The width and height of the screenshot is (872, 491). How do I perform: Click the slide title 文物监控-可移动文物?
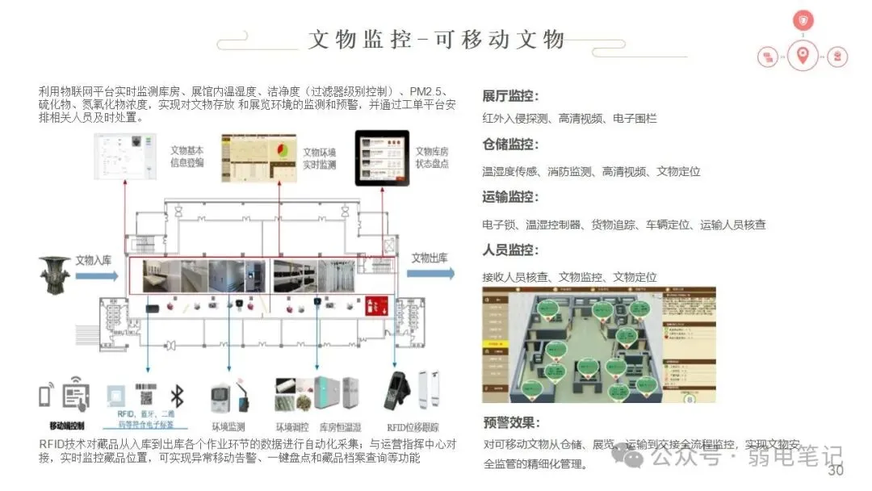pos(436,40)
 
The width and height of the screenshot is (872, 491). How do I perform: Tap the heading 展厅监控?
pos(510,95)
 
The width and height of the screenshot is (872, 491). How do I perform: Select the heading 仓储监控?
pos(510,145)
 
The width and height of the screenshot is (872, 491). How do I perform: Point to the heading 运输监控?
pos(510,197)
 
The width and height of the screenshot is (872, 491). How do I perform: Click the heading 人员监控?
pos(510,250)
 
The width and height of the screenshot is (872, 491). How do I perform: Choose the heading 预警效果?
pos(511,422)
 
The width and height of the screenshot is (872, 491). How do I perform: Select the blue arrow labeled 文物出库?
pos(430,273)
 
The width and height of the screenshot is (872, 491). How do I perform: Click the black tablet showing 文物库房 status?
pos(382,158)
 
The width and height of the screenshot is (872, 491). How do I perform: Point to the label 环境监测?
pos(228,426)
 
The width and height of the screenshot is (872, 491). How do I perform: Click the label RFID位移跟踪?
pos(413,426)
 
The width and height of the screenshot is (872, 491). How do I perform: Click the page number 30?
pos(836,471)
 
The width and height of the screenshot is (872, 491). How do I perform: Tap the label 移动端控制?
pos(66,426)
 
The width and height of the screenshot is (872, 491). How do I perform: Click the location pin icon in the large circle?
pos(802,56)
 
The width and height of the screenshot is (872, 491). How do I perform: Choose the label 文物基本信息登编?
pos(187,156)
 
